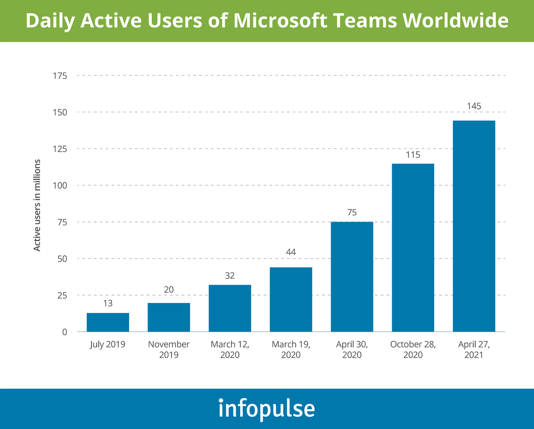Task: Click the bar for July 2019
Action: coord(108,322)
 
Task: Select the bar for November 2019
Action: coord(169,317)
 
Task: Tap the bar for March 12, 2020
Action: coord(230,308)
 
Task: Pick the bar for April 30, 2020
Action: coord(352,277)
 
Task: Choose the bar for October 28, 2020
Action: coord(413,247)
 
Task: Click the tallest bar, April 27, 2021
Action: coord(474,226)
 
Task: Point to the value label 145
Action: coord(474,106)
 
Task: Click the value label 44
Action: coord(291,252)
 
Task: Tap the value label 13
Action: coord(108,303)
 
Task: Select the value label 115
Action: coord(413,155)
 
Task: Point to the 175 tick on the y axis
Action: coord(60,76)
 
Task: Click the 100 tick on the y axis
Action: coord(60,186)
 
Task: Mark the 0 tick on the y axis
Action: coord(65,332)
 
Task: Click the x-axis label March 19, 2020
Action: coord(291,349)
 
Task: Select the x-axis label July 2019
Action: coord(107,345)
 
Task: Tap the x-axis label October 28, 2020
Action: coord(413,349)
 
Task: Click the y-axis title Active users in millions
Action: coord(37,205)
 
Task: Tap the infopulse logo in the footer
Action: coord(267,408)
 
